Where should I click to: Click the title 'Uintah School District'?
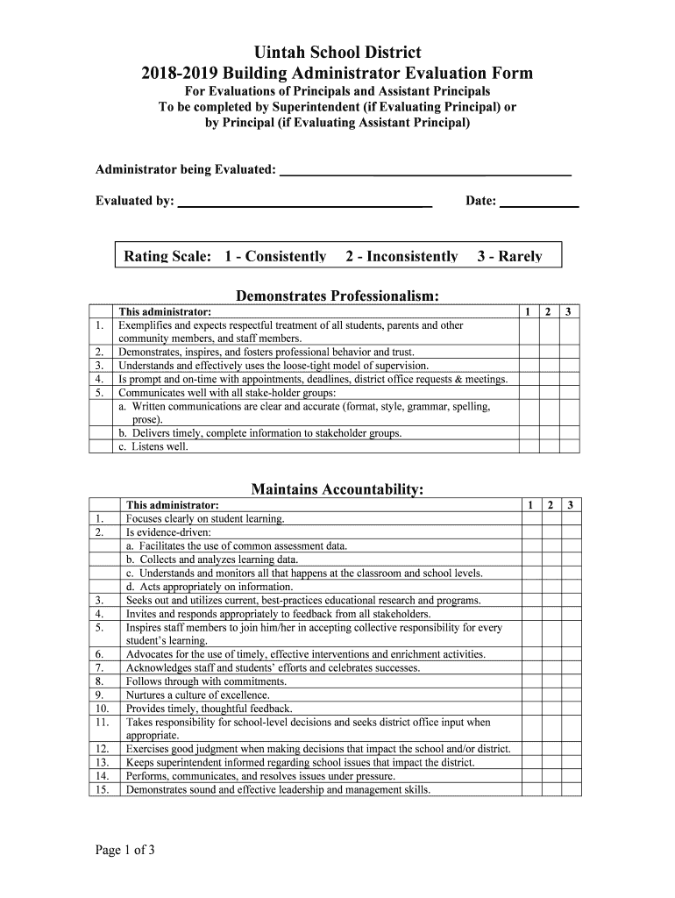tap(337, 53)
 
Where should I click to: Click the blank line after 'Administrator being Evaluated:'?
tap(424, 170)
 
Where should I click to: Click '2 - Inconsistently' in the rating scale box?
tap(401, 256)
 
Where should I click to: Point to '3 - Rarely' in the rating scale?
tap(509, 256)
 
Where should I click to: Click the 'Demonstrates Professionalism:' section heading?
tap(337, 296)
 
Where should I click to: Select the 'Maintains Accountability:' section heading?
tap(337, 488)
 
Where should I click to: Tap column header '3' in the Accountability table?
tap(570, 505)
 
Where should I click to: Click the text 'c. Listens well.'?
tap(153, 446)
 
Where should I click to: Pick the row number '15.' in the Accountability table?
tap(101, 789)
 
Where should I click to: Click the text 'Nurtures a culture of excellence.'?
tap(198, 695)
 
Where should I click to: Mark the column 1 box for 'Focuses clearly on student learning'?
tap(529, 518)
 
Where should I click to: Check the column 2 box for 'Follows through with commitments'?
tap(550, 681)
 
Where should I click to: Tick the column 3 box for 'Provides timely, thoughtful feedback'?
tap(570, 709)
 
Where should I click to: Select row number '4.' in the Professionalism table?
tap(100, 379)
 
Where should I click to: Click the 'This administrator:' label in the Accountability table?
tap(173, 505)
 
